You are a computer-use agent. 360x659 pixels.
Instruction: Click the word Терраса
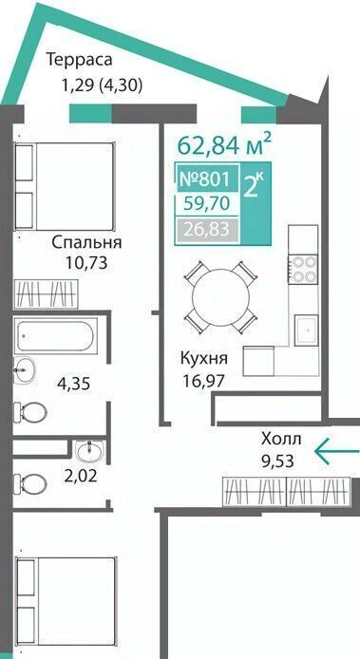80,60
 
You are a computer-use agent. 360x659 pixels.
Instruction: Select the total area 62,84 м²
223,144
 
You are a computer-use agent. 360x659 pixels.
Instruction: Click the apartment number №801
205,179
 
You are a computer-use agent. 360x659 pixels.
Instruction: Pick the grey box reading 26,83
207,230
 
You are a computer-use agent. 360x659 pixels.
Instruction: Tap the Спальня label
87,243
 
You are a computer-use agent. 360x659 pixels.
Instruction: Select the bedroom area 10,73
86,264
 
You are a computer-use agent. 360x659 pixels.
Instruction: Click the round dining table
220,296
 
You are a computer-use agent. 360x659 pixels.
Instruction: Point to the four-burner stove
303,268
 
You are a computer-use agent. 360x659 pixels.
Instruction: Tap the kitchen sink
306,330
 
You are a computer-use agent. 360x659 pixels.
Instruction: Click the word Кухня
204,360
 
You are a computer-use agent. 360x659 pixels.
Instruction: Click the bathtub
55,335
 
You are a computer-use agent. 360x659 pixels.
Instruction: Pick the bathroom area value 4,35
74,384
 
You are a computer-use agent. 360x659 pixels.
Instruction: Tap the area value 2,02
82,476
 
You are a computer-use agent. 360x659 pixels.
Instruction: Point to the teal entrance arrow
336,451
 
